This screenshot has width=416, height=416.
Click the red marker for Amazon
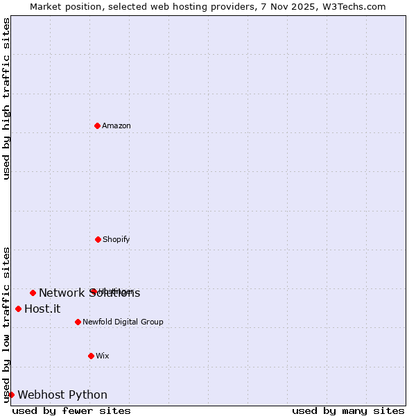(97, 125)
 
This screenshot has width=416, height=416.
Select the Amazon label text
(116, 126)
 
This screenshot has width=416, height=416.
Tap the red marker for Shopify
(98, 239)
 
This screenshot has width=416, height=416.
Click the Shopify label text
(116, 240)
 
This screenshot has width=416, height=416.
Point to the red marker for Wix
(91, 356)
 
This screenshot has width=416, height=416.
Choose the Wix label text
(103, 356)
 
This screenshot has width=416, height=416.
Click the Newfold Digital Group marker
(78, 322)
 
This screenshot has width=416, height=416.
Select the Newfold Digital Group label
(123, 322)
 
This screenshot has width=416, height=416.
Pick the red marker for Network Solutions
(33, 293)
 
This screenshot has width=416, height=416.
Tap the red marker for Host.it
(18, 309)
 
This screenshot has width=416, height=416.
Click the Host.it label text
(42, 309)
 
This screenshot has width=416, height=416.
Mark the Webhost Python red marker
(11, 395)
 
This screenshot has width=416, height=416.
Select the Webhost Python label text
(62, 395)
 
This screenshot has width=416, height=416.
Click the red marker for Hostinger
(93, 291)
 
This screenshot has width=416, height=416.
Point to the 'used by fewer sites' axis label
(71, 411)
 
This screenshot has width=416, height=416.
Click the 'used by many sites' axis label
(348, 411)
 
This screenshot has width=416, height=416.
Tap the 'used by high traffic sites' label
(6, 98)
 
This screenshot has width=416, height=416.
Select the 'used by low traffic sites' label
(6, 324)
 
